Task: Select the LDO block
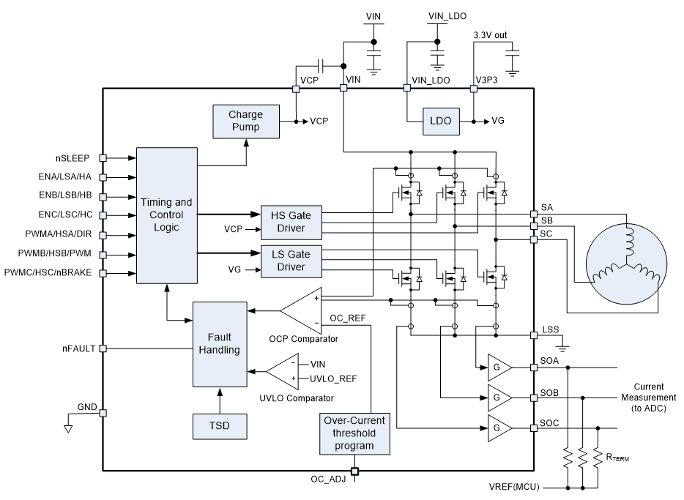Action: tap(439, 120)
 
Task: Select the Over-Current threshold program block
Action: tap(355, 433)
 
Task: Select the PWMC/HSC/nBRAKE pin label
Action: tap(52, 273)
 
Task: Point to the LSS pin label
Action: tap(551, 330)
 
